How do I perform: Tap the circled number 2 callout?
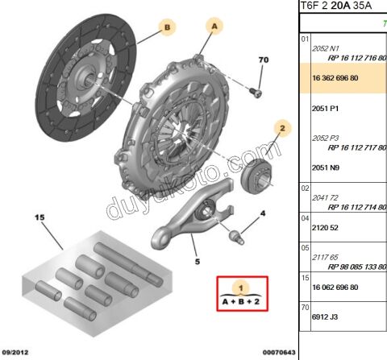pyautogui.click(x=282, y=127)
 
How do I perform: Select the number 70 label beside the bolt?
pyautogui.click(x=262, y=60)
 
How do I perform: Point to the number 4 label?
pyautogui.click(x=262, y=213)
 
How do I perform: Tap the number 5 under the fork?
pyautogui.click(x=196, y=261)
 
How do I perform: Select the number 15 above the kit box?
pyautogui.click(x=37, y=217)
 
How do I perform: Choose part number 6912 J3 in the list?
pyautogui.click(x=326, y=317)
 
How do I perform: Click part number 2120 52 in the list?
pyautogui.click(x=326, y=228)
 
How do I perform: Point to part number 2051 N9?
pyautogui.click(x=327, y=168)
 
